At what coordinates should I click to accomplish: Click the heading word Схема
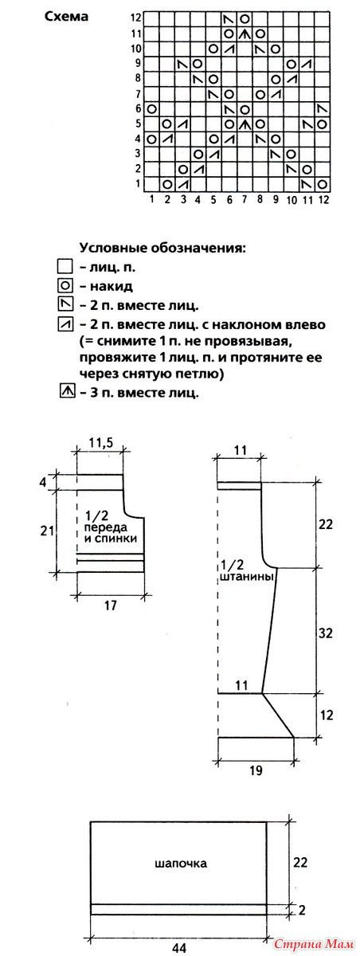point(66,17)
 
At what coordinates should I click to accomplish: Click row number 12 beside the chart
point(136,18)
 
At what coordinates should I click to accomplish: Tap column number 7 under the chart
point(245,198)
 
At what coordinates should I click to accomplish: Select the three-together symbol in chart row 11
point(245,33)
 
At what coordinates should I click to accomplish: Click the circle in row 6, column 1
point(151,109)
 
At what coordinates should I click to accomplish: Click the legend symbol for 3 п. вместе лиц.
point(66,391)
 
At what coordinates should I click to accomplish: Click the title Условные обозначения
point(162,249)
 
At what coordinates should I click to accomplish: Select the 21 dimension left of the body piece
point(47,531)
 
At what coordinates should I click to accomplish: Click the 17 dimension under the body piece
point(110,605)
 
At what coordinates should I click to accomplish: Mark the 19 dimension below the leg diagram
point(256,770)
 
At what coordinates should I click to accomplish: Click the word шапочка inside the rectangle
point(181,864)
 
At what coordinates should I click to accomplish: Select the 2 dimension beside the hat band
point(302,910)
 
